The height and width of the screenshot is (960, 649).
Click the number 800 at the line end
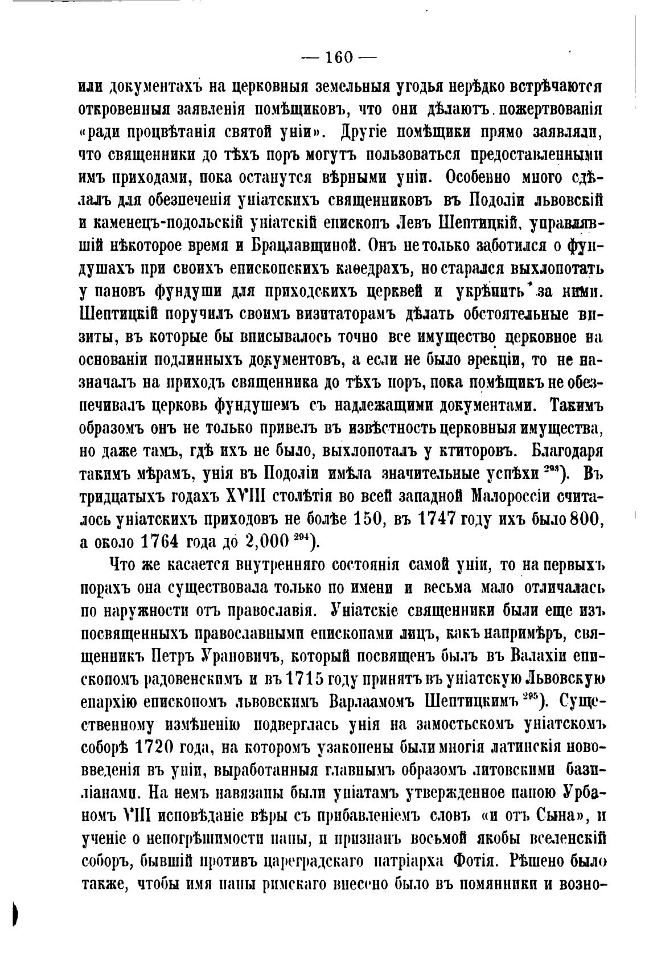pos(586,519)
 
